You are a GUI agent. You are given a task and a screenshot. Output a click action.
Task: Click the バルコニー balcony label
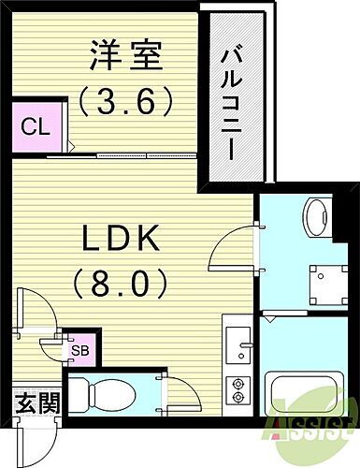click(x=229, y=98)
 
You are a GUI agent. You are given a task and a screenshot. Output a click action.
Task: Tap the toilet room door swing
click(x=172, y=391)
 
